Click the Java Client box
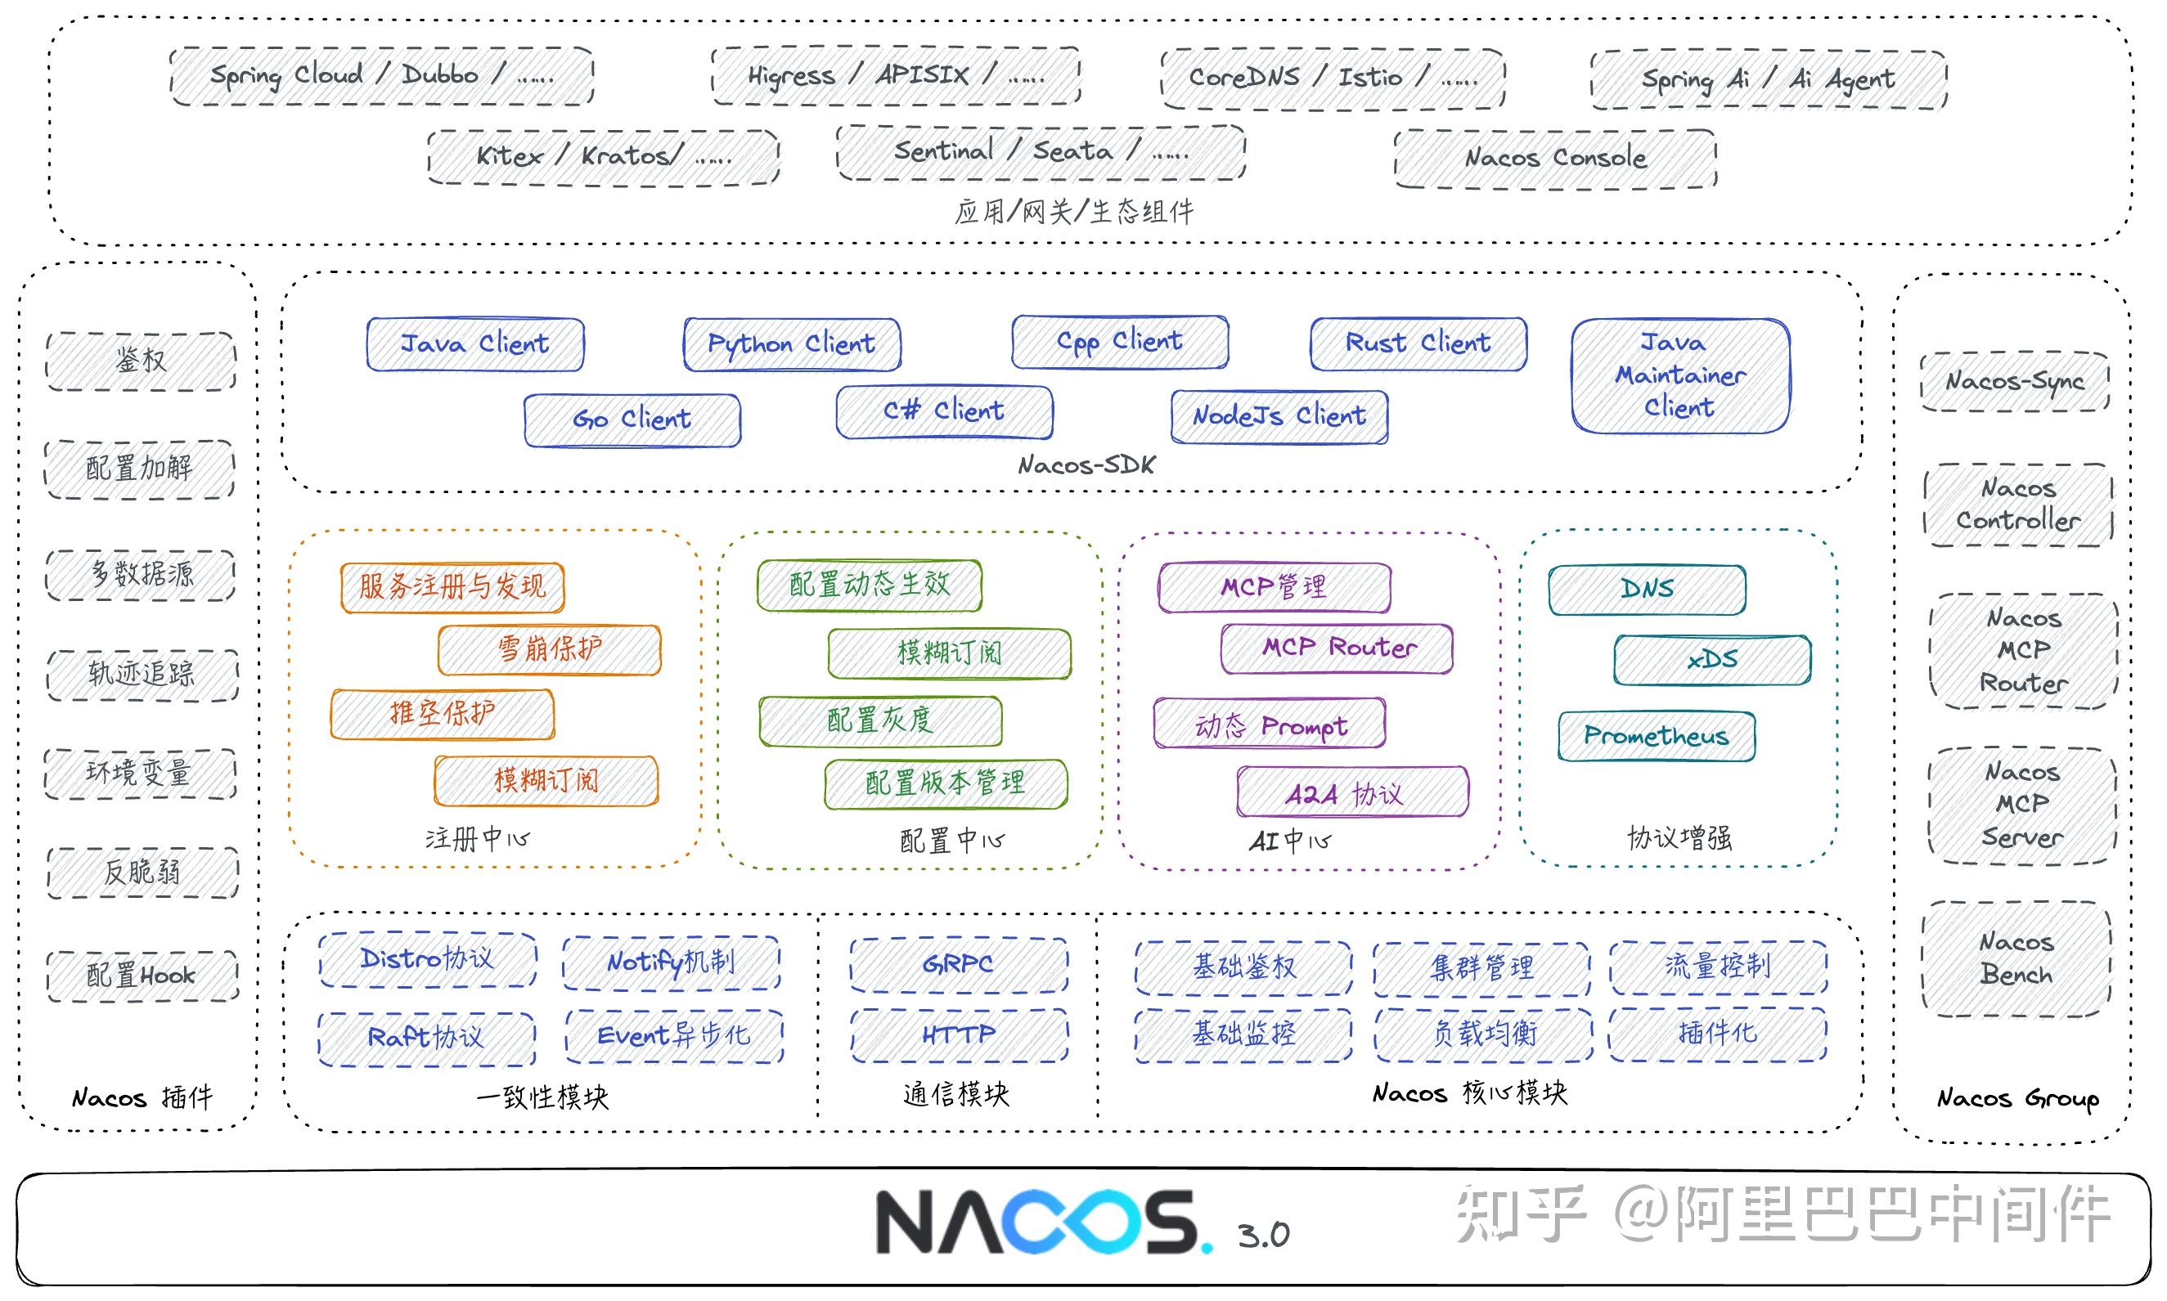tap(474, 343)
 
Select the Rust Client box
tap(1417, 343)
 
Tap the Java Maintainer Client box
tap(1679, 375)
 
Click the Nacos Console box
tap(1554, 158)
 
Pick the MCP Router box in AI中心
tap(1337, 648)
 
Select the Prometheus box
tap(1656, 735)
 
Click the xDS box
tap(1711, 659)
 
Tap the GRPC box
tap(958, 964)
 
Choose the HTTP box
tap(959, 1035)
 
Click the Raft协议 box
tap(426, 1038)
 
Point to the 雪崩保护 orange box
tap(549, 649)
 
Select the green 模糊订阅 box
tap(949, 653)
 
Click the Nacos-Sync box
tap(2013, 381)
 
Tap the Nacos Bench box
tap(2016, 958)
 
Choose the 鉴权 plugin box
tap(141, 361)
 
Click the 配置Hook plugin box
tap(142, 975)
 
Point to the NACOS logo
tap(1044, 1221)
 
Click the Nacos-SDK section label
tap(1086, 465)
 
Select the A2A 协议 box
tap(1351, 792)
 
